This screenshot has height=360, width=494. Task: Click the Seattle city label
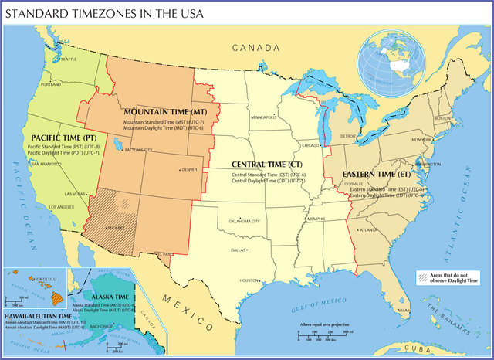point(68,59)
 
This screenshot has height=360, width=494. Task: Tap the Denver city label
point(189,169)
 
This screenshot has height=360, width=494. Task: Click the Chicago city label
point(310,145)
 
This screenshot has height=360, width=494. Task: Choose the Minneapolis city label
point(263,117)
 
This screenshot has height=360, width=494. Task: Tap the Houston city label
point(249,280)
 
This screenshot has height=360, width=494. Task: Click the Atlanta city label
point(369,229)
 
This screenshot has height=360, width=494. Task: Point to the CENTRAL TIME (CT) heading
point(267,165)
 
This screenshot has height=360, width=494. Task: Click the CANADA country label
point(258,48)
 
